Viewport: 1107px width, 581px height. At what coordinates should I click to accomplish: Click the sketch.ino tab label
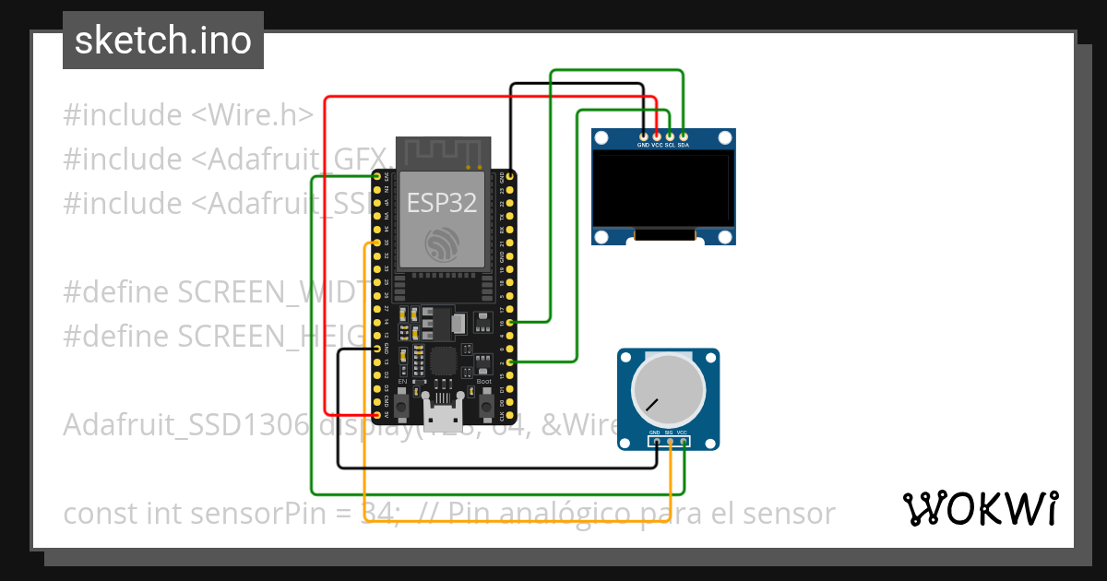point(162,41)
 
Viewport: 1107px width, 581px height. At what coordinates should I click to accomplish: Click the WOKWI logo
point(980,508)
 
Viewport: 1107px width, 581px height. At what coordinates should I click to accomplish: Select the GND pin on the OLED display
point(643,136)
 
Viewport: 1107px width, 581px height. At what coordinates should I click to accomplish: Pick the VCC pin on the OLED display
point(657,136)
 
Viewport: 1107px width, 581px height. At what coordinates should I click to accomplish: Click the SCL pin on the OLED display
point(670,136)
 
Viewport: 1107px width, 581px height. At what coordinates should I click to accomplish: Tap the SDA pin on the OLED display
point(683,136)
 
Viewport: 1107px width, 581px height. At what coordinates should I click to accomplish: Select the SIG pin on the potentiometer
point(670,441)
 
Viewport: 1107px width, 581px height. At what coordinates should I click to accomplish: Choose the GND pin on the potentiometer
point(656,441)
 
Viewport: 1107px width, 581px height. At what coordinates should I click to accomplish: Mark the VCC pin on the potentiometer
point(684,441)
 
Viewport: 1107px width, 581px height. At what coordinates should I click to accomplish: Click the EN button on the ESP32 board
point(403,404)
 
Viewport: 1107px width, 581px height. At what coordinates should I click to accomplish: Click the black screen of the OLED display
point(663,191)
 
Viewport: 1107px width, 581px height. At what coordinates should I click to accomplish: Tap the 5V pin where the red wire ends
point(377,416)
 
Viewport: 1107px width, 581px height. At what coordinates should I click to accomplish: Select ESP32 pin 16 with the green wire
point(511,323)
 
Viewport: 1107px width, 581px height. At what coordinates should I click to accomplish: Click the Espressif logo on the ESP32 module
point(442,243)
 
